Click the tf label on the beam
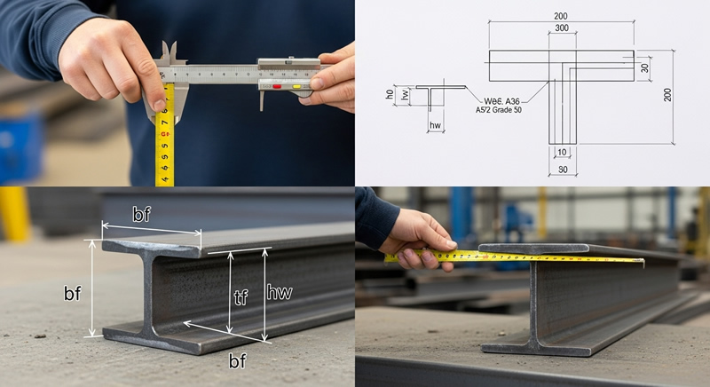tap(240, 298)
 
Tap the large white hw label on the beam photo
tap(279, 289)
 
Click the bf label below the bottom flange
tap(237, 360)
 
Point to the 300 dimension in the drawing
tap(561, 29)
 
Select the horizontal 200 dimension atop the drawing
tap(561, 16)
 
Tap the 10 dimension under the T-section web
tap(563, 153)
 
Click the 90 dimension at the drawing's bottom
tap(563, 169)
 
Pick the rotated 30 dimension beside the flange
tap(645, 67)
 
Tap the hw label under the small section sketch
tap(435, 126)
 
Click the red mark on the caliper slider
tap(277, 87)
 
